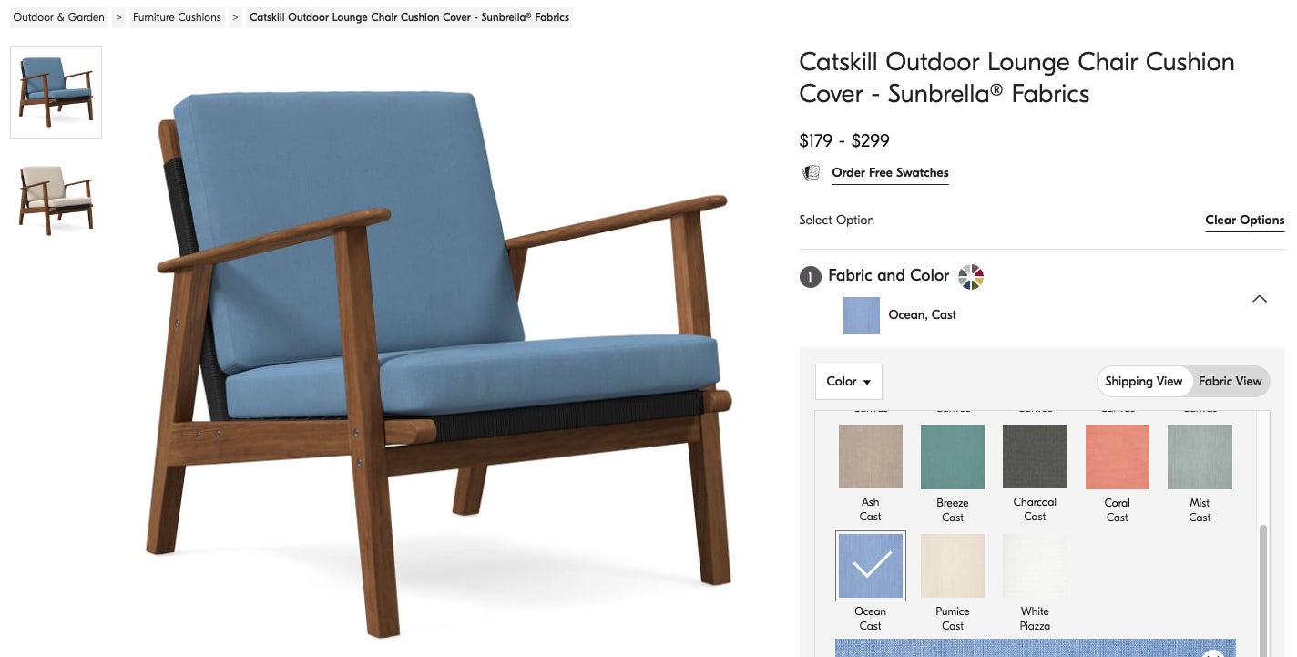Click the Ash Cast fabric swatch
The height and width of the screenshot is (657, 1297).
870,457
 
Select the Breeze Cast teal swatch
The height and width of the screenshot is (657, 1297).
953,457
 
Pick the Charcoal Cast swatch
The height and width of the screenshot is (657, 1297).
1035,457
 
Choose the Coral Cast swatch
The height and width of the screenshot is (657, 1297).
1118,457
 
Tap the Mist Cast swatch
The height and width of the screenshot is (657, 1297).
1200,457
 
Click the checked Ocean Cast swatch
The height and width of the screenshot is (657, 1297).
870,566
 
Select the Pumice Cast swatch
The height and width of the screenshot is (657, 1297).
953,566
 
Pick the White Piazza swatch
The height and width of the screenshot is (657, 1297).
1035,566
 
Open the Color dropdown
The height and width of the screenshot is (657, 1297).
848,382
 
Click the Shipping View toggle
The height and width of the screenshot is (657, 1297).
1143,382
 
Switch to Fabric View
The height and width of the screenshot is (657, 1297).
1230,382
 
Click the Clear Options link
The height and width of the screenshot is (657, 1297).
1244,221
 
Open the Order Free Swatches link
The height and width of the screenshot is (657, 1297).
890,173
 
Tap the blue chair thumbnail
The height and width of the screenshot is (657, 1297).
56,92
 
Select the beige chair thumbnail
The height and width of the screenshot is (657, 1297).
56,200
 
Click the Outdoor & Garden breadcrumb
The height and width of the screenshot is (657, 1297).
58,17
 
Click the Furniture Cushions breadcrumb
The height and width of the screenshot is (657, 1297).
177,17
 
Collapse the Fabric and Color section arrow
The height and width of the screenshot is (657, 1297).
1260,299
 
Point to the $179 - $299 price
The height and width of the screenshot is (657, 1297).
843,140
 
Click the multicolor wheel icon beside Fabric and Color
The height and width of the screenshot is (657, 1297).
971,276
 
